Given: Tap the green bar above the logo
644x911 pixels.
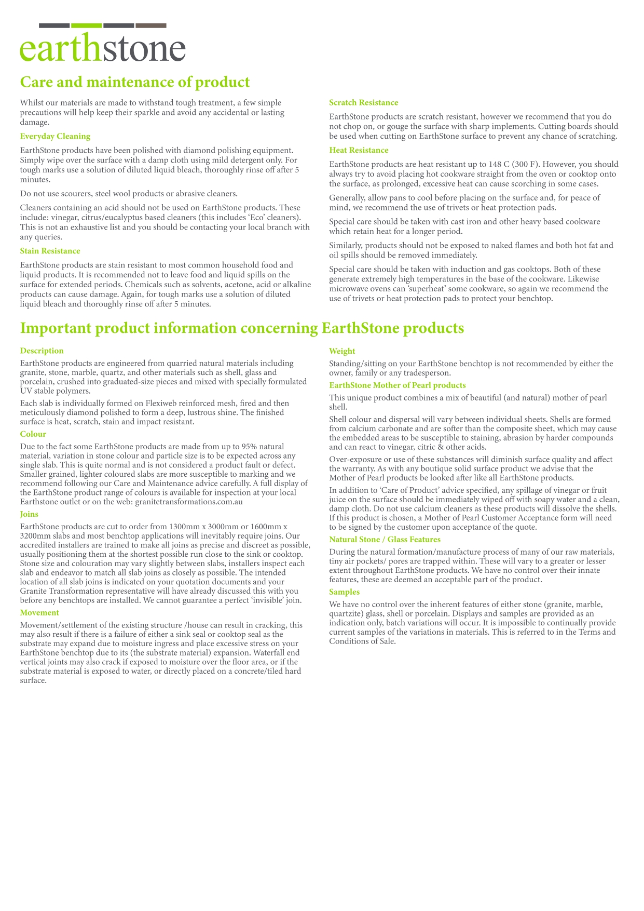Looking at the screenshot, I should click(86, 25).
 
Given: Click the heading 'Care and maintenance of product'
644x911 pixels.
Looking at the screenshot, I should click(134, 82).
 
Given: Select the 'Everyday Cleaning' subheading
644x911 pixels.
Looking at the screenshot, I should click(55, 136).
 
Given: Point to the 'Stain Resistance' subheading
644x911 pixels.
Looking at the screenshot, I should click(50, 251).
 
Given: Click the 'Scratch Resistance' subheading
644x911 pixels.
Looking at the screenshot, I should click(363, 102).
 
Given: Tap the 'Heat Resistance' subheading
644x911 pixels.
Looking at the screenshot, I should click(359, 150).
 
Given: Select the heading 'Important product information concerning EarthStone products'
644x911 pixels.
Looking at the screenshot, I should click(242, 328).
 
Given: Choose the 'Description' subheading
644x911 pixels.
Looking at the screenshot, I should click(42, 351).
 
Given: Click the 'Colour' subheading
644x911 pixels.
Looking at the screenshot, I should click(33, 434).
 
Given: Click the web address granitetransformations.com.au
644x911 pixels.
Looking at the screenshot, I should click(189, 502).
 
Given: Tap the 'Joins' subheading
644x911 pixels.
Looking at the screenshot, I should click(29, 514).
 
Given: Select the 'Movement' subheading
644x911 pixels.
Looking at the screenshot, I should click(39, 612).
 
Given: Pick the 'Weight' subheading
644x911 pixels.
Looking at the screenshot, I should click(342, 351).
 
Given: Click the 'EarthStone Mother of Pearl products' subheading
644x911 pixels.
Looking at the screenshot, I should click(397, 385).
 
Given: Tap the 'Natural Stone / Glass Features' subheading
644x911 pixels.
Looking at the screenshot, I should click(385, 539).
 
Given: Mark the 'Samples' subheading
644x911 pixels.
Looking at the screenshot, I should click(344, 592).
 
